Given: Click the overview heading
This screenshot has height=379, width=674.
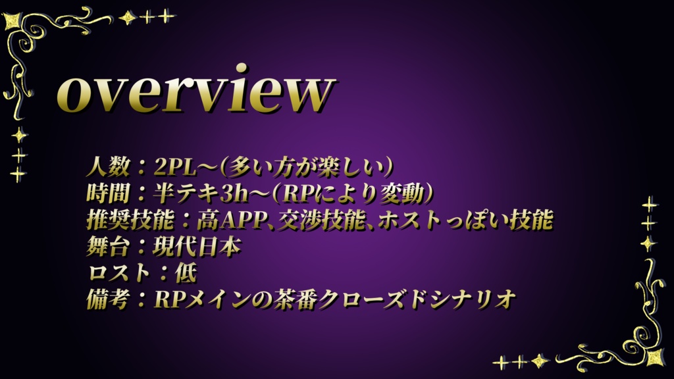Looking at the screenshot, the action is point(195,90).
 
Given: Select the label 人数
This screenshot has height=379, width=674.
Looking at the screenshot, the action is point(109,166).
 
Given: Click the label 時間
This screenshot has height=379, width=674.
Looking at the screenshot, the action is point(109,193).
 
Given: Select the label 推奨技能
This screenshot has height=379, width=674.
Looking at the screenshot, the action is point(130,220).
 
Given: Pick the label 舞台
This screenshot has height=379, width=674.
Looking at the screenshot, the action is point(109,247).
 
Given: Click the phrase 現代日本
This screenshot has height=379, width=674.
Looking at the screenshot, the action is point(196,247).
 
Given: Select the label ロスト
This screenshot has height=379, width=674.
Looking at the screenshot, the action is point(119,273).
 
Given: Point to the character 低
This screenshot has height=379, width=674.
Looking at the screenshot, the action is point(186,273).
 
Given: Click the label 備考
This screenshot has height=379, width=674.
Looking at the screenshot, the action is point(109,299).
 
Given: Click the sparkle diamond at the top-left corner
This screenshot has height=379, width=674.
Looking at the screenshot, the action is point(14,21).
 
